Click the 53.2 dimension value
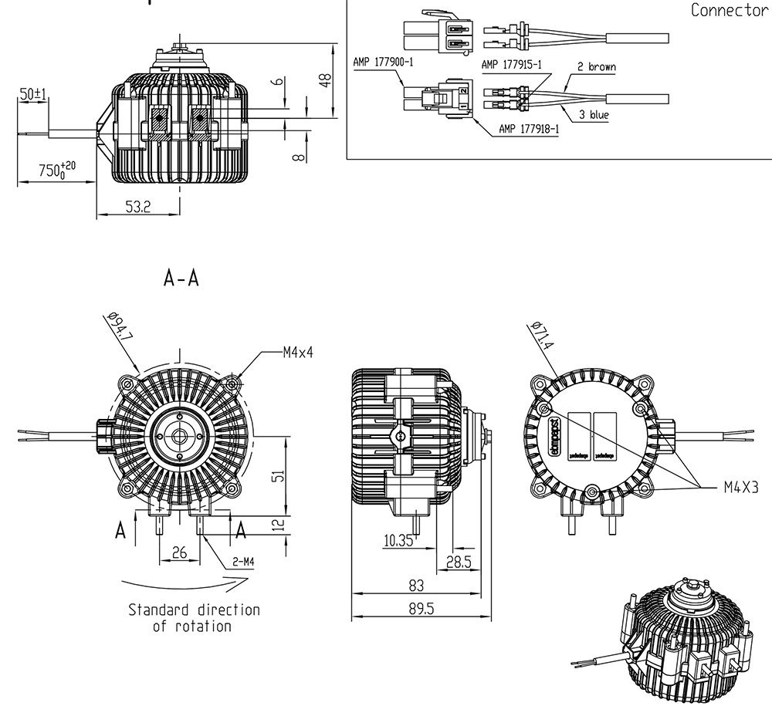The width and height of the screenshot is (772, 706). point(136,208)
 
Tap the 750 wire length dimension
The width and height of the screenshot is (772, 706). point(56,170)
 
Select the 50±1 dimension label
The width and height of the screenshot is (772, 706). point(34,94)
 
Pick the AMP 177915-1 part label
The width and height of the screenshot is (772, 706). point(510,65)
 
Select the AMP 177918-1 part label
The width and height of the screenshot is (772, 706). point(529,129)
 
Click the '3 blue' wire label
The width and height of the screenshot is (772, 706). point(594,115)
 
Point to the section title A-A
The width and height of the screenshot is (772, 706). point(181,279)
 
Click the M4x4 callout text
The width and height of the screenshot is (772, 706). point(298,353)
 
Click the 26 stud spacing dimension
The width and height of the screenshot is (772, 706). point(178,552)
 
